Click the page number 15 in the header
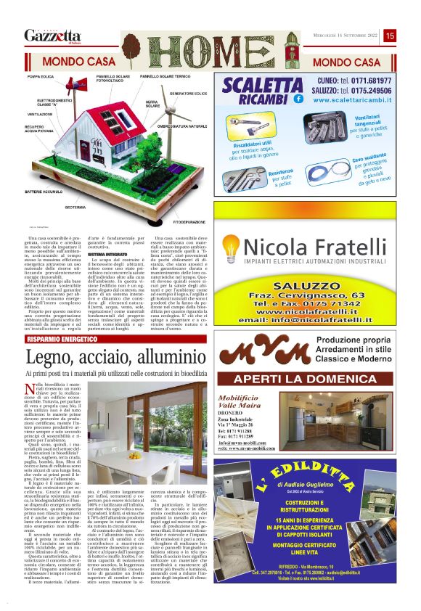[x=390, y=35]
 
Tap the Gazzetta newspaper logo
[x=52, y=35]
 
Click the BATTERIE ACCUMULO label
[x=46, y=191]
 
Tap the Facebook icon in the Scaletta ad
[x=298, y=98]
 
